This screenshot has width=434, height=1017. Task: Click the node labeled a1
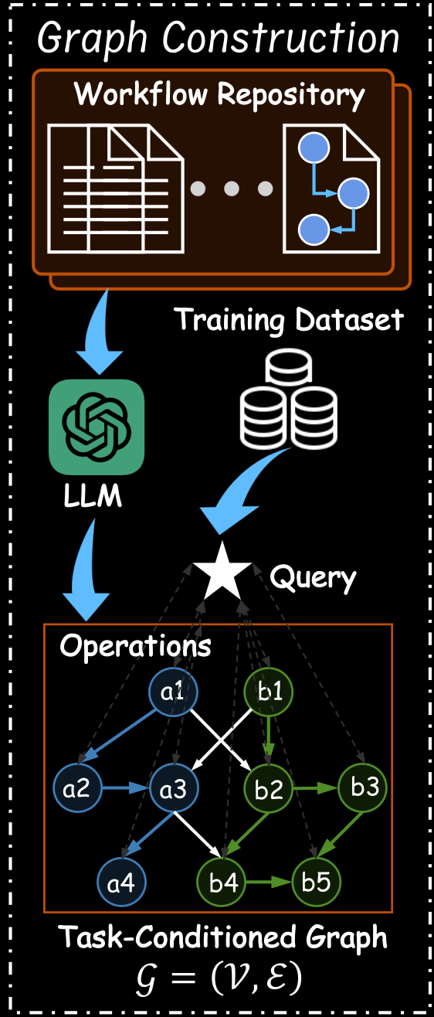point(173,692)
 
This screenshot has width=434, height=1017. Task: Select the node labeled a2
point(77,787)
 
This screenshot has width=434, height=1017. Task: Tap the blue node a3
point(174,787)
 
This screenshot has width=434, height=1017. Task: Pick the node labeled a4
point(121,882)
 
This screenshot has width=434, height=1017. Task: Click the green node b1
point(269,692)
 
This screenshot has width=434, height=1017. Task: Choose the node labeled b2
point(269,787)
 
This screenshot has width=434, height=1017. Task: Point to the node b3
point(362,787)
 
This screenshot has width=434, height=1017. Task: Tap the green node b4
point(222,882)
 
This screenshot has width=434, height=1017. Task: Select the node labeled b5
point(316,882)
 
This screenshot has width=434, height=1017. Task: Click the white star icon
point(222,573)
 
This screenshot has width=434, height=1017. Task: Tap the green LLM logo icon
point(97,427)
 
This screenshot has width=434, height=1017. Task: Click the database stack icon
point(288,399)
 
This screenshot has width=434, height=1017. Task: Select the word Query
point(313,578)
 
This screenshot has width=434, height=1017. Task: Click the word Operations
point(136,645)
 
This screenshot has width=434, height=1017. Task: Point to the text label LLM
point(93,495)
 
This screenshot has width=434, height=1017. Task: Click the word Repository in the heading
point(291,96)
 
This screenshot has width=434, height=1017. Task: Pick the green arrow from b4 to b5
point(269,882)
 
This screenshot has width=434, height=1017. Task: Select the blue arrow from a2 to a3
point(126,787)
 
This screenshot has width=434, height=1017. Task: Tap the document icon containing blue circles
point(331,189)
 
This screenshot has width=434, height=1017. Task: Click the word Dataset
point(350,320)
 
